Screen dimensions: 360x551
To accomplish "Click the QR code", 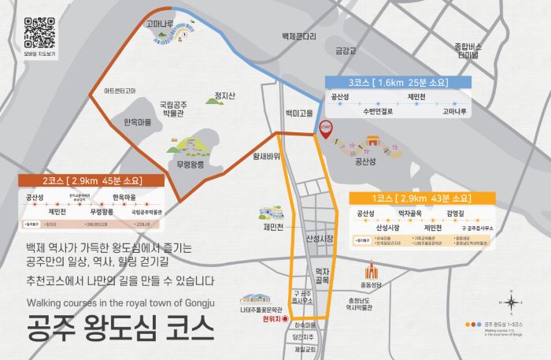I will [x=40, y=32].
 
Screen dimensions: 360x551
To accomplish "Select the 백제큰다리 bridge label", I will [x=299, y=36].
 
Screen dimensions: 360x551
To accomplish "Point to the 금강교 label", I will [x=346, y=51].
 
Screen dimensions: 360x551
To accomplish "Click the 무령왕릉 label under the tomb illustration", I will [x=190, y=165].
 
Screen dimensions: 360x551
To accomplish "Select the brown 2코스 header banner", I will [x=91, y=180].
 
